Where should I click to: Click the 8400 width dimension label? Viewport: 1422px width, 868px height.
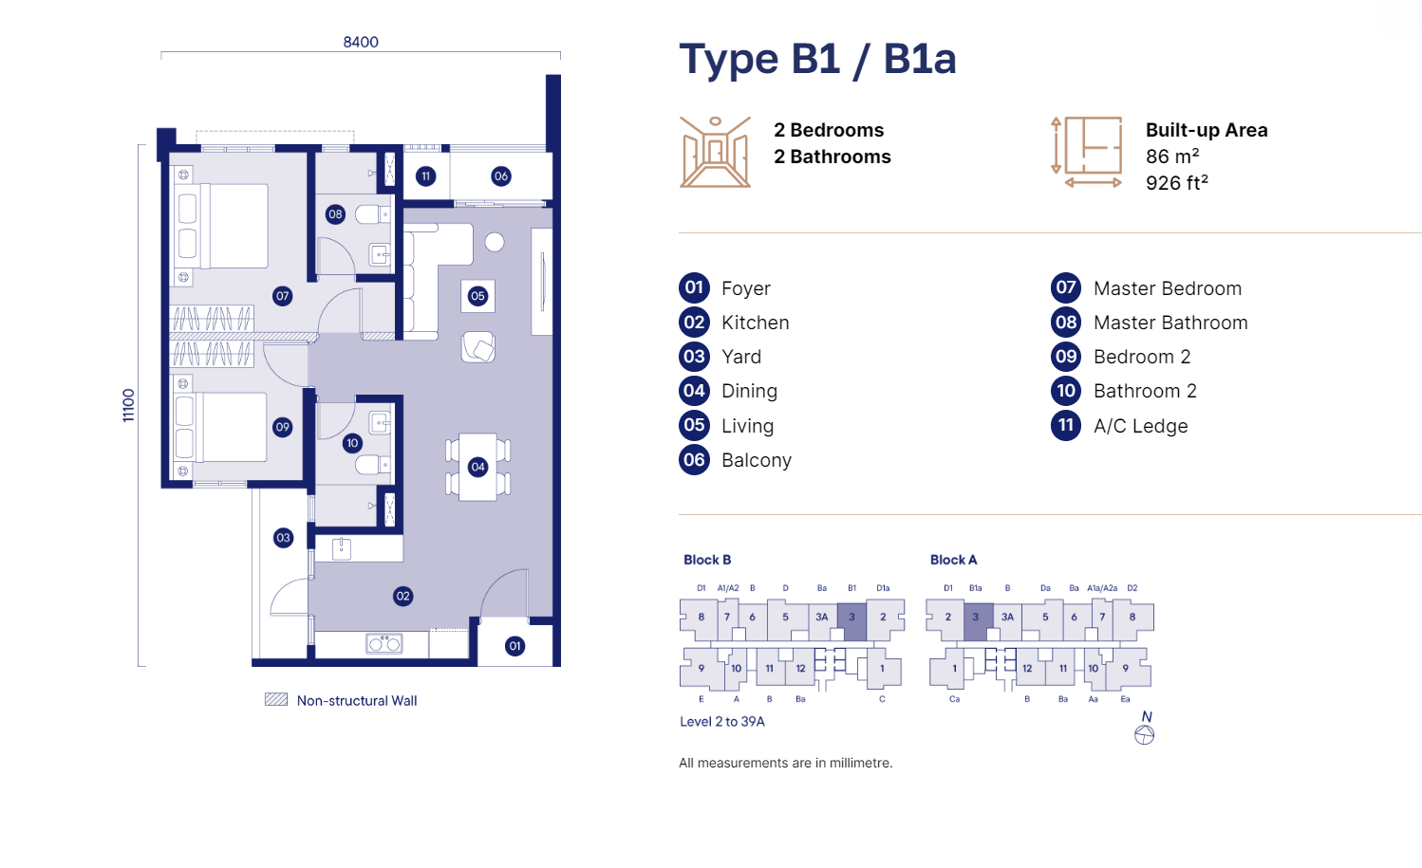pos(361,42)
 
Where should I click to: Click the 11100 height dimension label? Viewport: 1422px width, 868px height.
pos(129,405)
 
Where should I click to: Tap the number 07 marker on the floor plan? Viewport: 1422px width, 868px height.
pos(283,296)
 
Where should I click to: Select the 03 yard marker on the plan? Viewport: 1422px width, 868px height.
pos(283,538)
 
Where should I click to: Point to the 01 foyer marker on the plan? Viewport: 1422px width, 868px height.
pos(515,647)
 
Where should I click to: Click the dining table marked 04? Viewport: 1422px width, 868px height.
pos(478,467)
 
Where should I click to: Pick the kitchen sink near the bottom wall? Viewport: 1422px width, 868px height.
pos(384,643)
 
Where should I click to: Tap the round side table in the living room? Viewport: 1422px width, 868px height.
pos(495,242)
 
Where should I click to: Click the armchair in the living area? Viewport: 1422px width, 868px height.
pos(478,347)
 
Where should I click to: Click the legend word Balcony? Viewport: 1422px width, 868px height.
pos(757,460)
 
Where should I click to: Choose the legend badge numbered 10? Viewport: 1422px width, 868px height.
pos(1066,391)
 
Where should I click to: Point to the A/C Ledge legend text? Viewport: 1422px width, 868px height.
pos(1141,426)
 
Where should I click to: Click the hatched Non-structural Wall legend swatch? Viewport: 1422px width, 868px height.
pos(276,699)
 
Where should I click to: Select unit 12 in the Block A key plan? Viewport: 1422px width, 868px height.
pos(1027,668)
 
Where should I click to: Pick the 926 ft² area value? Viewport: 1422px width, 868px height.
pos(1177,183)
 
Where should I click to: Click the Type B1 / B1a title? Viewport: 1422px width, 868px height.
pos(817,59)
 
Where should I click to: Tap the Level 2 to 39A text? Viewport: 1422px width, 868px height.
pos(722,721)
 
